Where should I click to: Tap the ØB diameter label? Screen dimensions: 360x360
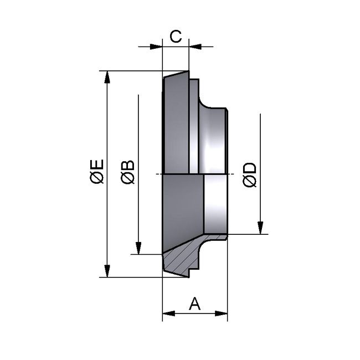[x=127, y=172]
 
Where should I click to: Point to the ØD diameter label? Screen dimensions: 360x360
[x=250, y=174]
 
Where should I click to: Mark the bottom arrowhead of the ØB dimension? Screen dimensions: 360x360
[x=138, y=249]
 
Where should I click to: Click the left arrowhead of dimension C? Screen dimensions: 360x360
[x=157, y=47]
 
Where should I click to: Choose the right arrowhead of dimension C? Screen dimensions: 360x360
[x=195, y=47]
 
